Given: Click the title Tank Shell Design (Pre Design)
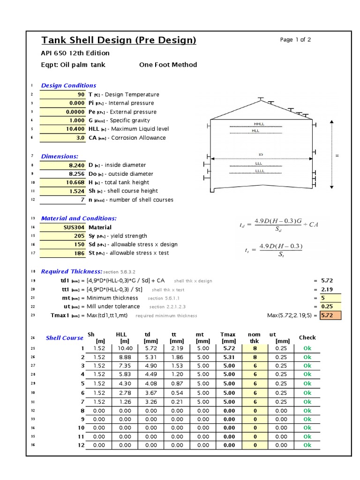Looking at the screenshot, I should pos(119,40).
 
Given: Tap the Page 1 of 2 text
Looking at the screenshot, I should pos(295,40).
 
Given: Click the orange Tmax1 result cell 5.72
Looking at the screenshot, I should pos(330,315).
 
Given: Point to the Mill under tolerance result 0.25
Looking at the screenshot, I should pos(330,307).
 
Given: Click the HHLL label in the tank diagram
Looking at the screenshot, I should pos(259,124).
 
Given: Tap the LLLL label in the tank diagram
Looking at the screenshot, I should pos(259,171).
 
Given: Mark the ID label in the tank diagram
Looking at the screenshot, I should pos(261,154).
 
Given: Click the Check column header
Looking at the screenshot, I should pos(307,337).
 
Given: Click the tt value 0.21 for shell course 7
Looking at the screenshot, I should pos(177,402).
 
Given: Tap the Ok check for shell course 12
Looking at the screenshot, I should pos(307,445).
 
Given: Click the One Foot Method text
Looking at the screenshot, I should pos(168,65).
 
